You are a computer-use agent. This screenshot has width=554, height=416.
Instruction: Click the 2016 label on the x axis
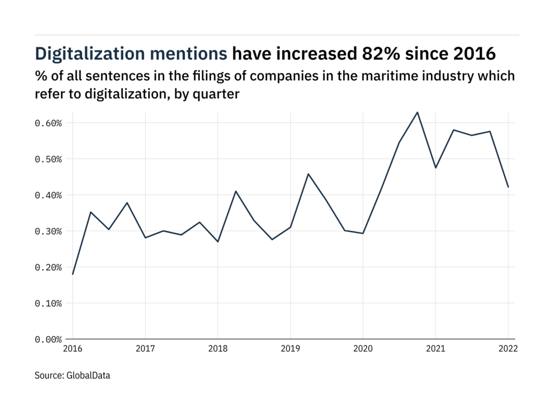tap(72, 349)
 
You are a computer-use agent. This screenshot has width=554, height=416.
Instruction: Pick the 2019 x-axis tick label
tap(290, 349)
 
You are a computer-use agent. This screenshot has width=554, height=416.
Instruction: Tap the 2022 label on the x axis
tap(508, 349)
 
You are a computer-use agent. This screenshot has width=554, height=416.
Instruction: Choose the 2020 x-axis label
tap(362, 349)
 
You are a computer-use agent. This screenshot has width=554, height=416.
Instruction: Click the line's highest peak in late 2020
tap(417, 112)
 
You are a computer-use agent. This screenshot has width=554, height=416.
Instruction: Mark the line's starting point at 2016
tap(72, 274)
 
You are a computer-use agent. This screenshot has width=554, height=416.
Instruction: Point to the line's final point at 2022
tap(508, 187)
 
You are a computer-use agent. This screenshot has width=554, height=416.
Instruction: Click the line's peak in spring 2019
tap(308, 174)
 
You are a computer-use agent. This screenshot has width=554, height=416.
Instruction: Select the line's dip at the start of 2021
tap(436, 168)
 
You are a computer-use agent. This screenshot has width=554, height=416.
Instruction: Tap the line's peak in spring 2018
tap(236, 191)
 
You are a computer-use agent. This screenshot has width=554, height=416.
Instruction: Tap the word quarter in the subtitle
tap(218, 94)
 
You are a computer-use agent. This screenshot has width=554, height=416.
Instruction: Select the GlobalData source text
tap(89, 375)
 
